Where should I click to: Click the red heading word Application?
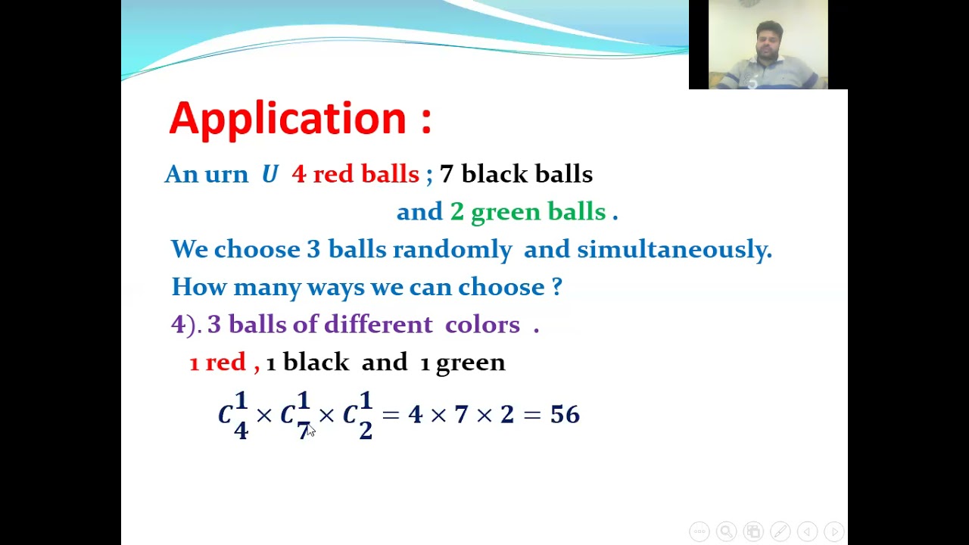(288, 119)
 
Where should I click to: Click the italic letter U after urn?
(270, 175)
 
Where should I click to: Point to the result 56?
(565, 415)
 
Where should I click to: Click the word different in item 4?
(378, 325)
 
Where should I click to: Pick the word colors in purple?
(482, 325)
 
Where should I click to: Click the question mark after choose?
(556, 287)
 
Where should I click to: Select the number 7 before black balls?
(446, 175)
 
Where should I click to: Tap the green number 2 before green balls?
(456, 212)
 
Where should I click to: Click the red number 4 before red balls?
(298, 175)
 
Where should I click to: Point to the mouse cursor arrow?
(310, 430)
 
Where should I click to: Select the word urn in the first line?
(226, 175)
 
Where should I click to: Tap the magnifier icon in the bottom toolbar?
(726, 531)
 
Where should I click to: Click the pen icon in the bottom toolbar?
(780, 531)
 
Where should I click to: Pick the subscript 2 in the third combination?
(366, 431)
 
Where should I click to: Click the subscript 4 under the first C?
(241, 431)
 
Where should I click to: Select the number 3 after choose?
(313, 249)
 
